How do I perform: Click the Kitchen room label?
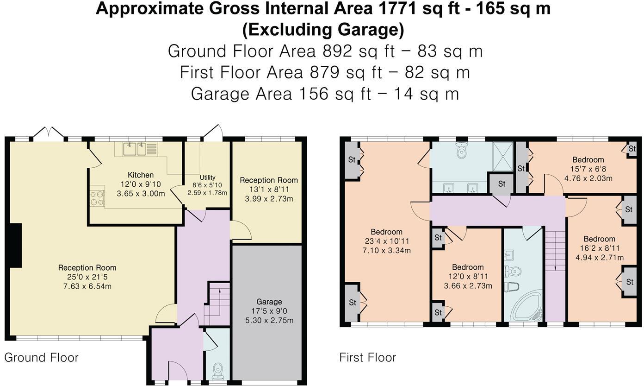tap(141, 175)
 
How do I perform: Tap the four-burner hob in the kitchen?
tap(97, 198)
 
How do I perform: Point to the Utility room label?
tap(207, 177)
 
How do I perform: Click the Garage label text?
tap(269, 302)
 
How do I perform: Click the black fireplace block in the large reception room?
tap(15, 245)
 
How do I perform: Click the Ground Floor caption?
tap(41, 358)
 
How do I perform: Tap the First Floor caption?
tap(367, 358)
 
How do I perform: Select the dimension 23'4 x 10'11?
tap(386, 241)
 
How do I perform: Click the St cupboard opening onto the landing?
tap(502, 184)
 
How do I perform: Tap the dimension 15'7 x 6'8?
tap(588, 169)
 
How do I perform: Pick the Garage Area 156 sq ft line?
tap(325, 94)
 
